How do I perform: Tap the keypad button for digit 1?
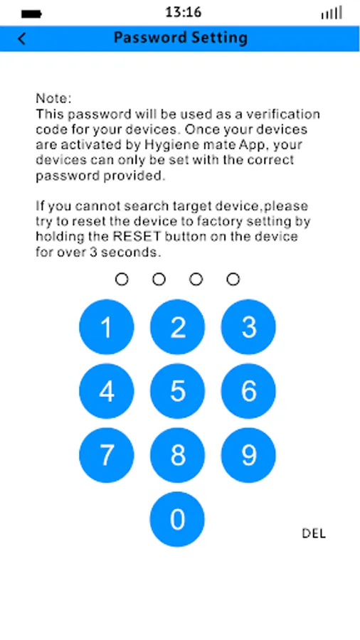click(107, 327)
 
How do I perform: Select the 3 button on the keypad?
click(248, 327)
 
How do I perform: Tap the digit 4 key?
click(107, 391)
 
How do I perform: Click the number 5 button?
click(178, 391)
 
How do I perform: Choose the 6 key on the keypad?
click(248, 391)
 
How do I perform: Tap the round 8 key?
click(178, 455)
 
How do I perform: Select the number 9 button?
click(248, 455)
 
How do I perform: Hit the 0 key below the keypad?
click(177, 519)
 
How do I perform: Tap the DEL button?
click(314, 533)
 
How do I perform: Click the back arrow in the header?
click(21, 39)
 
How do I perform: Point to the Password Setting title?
click(181, 38)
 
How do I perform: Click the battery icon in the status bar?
click(31, 14)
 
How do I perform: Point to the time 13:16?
click(184, 12)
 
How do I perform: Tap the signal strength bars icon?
click(332, 13)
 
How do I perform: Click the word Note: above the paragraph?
click(53, 98)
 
